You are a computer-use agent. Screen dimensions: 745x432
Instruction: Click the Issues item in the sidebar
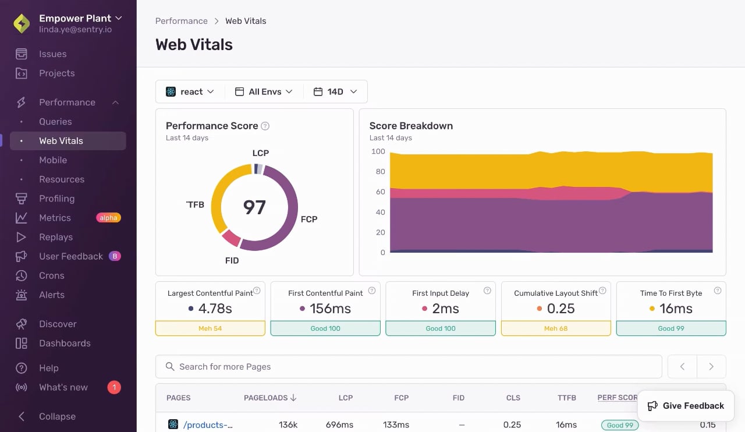[x=52, y=54]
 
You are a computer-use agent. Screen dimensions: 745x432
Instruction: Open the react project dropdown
[x=190, y=91]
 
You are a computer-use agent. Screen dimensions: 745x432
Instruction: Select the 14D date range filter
[x=335, y=91]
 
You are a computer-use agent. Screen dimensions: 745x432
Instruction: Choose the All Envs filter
[x=264, y=91]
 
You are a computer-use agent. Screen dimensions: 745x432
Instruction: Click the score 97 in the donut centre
[x=254, y=207]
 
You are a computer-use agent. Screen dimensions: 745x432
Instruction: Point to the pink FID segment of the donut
[x=231, y=238]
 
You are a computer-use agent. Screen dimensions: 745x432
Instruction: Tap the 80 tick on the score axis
[x=380, y=171]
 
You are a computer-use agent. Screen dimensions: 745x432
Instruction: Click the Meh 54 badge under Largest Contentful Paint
[x=210, y=328]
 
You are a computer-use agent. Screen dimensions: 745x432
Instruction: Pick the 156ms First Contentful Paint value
[x=330, y=309]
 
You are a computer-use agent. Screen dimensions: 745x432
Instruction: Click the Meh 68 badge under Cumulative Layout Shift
[x=556, y=328]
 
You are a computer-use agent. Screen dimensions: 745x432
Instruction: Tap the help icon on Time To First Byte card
[x=718, y=291]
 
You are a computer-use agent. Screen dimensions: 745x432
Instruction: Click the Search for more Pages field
[x=409, y=366]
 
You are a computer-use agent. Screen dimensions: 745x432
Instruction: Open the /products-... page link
[x=208, y=425]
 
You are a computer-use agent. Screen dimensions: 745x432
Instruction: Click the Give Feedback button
[x=686, y=406]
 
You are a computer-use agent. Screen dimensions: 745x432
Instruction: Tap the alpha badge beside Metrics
[x=108, y=218]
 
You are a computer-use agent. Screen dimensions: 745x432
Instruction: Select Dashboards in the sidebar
[x=65, y=343]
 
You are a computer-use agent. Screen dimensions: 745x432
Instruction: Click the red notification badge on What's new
[x=114, y=387]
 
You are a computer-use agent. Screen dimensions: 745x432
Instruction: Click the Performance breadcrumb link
[x=181, y=21]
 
